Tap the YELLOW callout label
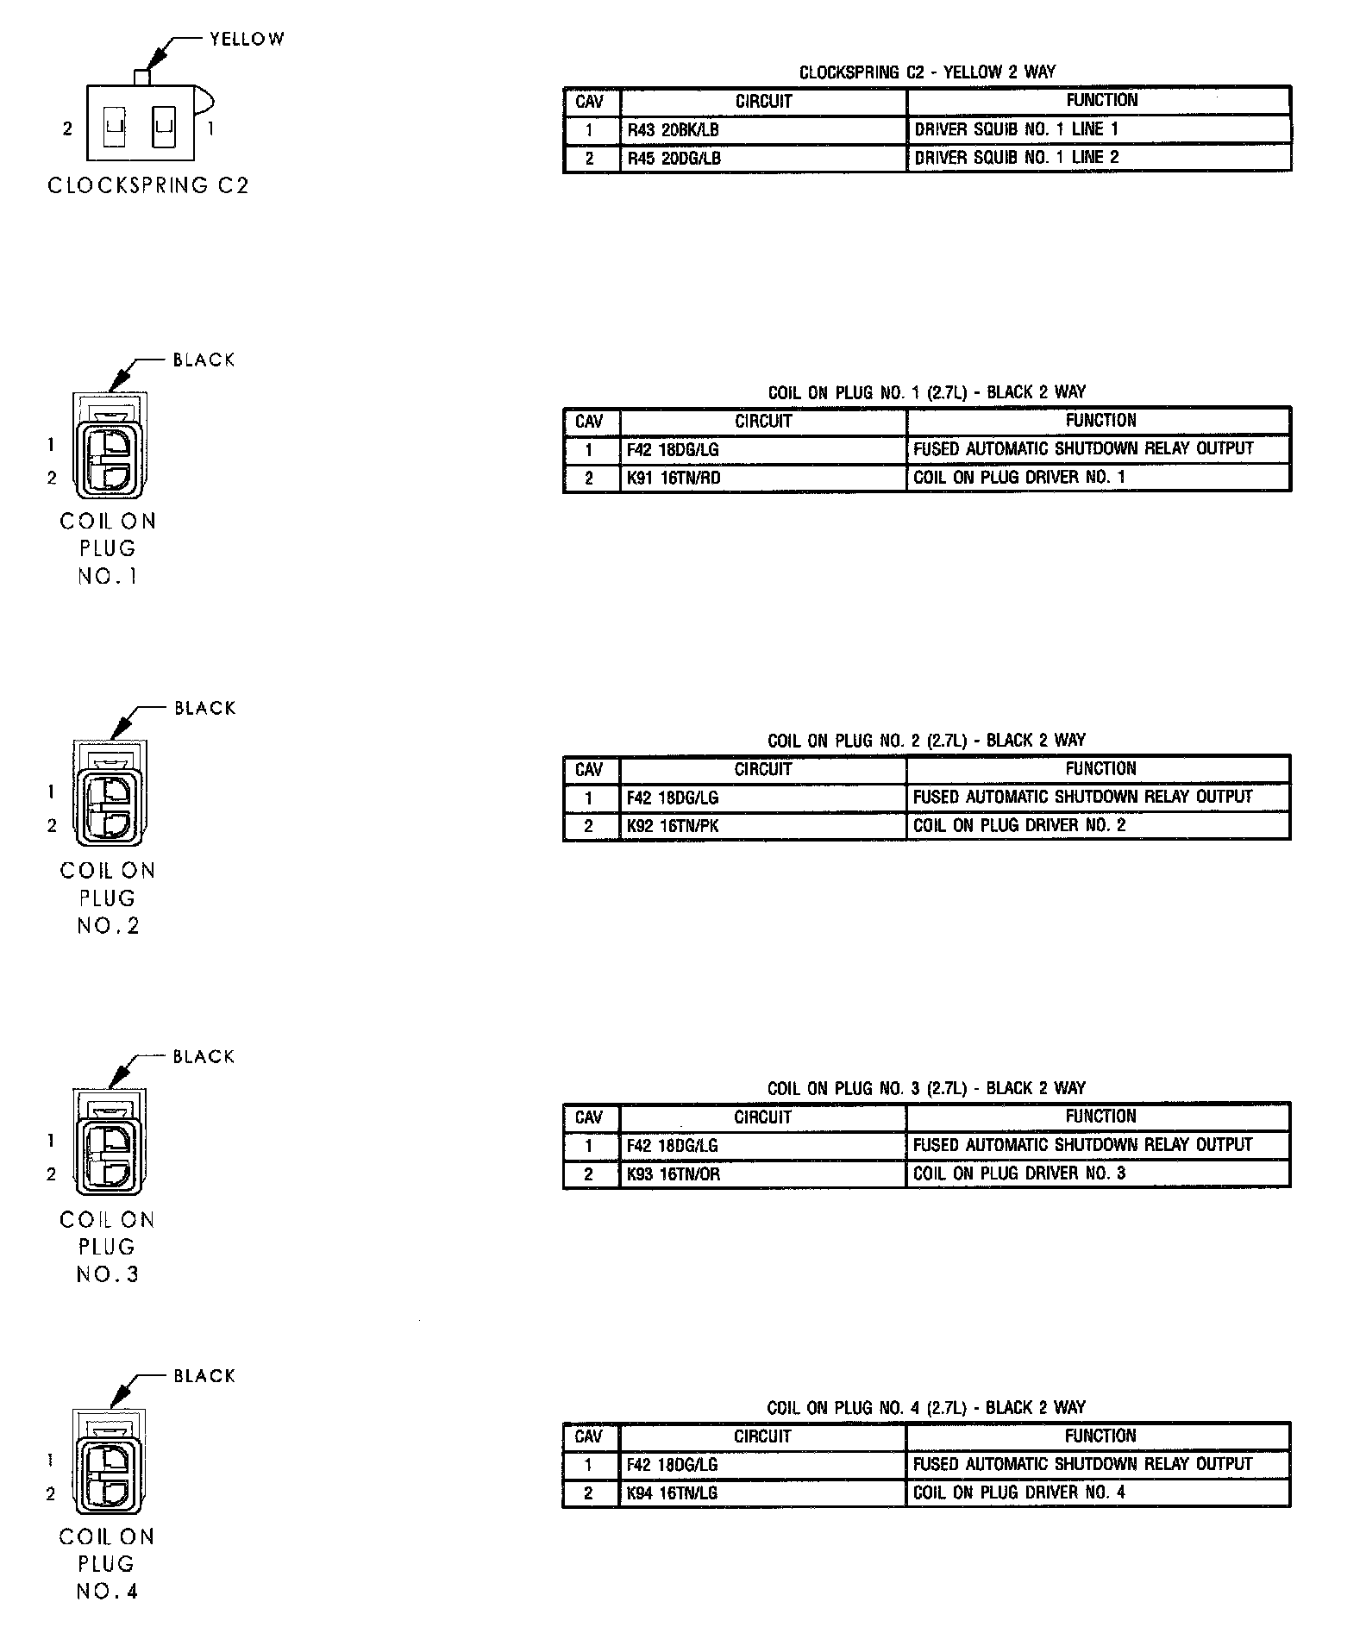[x=247, y=39]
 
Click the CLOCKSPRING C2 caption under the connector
[x=148, y=185]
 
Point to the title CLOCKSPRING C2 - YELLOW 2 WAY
[x=927, y=72]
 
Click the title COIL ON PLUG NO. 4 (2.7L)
[x=926, y=1408]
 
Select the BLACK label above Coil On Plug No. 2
[x=204, y=708]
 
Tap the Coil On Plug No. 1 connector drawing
[x=110, y=447]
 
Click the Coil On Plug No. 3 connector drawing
[x=110, y=1142]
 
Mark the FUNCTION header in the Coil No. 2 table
[x=1100, y=769]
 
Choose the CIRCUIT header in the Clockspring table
[x=763, y=102]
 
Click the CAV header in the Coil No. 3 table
[x=589, y=1117]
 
